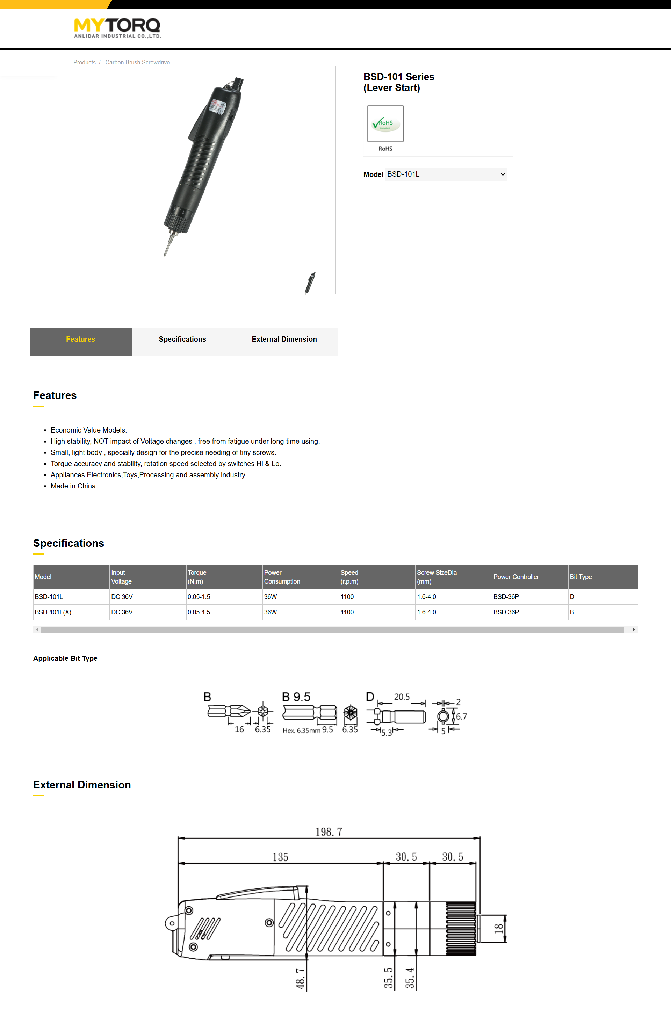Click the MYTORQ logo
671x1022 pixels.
coord(117,28)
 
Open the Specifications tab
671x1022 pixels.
coord(182,339)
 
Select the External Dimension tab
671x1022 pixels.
coord(284,339)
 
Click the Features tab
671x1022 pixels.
coord(80,339)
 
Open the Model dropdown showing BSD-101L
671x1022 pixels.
coord(446,174)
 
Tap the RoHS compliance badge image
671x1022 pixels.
coord(385,124)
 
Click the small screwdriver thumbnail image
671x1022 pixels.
coord(310,284)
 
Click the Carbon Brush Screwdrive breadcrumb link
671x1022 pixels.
coord(137,63)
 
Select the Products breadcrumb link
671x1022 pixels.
coord(84,63)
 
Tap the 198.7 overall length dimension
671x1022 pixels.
coord(329,832)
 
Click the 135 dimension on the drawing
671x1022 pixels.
coord(280,857)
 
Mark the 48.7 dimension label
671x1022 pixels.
coord(301,978)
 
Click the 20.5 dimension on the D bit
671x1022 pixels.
coord(402,696)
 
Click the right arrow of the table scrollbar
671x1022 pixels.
coord(634,629)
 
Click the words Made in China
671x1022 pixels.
coord(74,486)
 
